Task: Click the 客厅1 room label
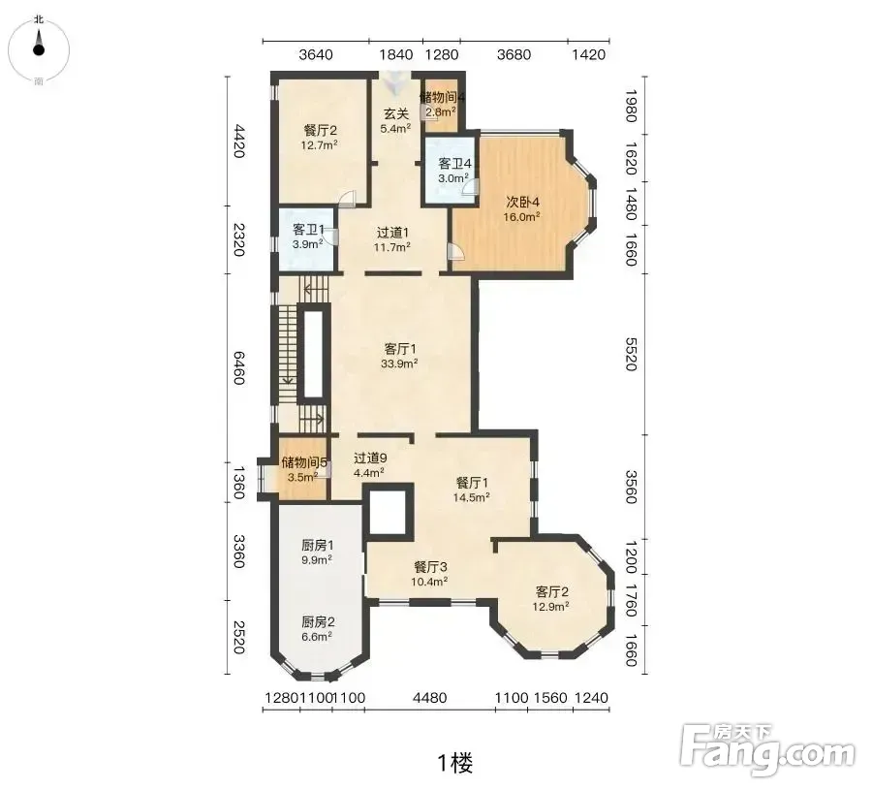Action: pos(400,349)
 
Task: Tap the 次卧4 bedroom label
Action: pos(523,202)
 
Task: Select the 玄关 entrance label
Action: pos(396,114)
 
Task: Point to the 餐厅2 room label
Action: pos(321,131)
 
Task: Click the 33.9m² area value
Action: pos(400,363)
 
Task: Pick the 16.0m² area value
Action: pos(521,217)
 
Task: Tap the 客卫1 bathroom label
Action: pos(309,229)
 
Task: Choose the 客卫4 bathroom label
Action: pos(455,164)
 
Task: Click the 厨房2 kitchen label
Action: pos(318,621)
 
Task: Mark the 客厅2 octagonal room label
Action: pos(551,591)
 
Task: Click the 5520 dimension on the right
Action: pos(630,354)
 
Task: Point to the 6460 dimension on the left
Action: pos(238,367)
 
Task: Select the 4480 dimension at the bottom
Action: pos(430,697)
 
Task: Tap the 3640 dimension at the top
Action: pos(316,54)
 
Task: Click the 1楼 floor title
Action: pos(455,763)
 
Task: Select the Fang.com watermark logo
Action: pos(768,748)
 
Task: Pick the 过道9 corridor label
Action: pos(370,458)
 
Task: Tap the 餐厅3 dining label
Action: pos(430,567)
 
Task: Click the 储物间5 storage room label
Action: pos(304,462)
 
